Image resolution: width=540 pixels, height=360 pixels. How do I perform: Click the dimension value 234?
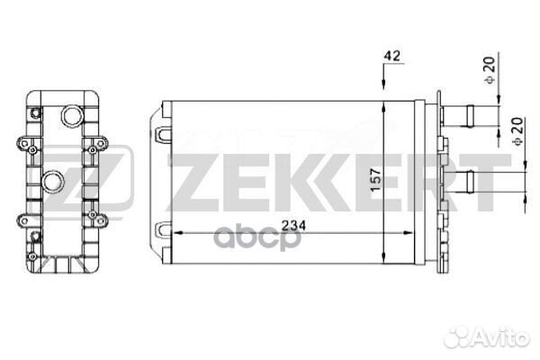coord(290,226)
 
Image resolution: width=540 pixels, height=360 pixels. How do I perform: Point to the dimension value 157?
coord(398,178)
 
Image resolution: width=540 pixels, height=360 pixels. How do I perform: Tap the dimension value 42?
coord(391,56)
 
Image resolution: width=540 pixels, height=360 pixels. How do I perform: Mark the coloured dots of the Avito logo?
coord(459,337)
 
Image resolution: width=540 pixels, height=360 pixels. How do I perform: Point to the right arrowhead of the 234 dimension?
coord(409,233)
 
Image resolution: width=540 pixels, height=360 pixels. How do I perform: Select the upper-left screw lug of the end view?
coord(23,140)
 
